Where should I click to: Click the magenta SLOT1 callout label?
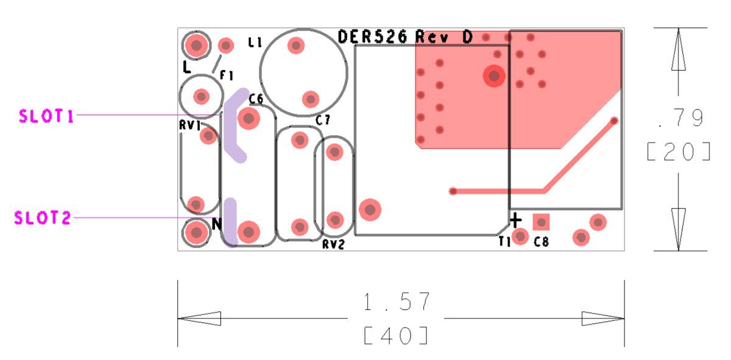click(x=46, y=116)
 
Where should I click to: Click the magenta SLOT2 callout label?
click(x=43, y=217)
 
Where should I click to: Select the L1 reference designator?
click(x=255, y=42)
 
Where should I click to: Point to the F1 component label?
click(x=227, y=76)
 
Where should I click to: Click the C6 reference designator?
click(x=256, y=99)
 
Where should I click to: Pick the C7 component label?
click(x=323, y=120)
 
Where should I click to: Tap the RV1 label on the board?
click(x=190, y=125)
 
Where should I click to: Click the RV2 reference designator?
click(x=333, y=244)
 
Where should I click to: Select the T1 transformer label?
click(x=504, y=242)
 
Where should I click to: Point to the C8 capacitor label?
click(x=541, y=242)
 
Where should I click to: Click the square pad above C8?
click(x=541, y=222)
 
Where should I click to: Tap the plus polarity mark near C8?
click(x=515, y=221)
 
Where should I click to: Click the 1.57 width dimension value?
click(x=397, y=302)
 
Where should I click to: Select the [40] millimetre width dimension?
click(x=396, y=336)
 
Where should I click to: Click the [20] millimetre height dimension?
click(x=679, y=152)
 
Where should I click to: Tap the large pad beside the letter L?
click(x=196, y=45)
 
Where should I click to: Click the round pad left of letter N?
click(x=196, y=233)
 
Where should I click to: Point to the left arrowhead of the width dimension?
click(x=199, y=319)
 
